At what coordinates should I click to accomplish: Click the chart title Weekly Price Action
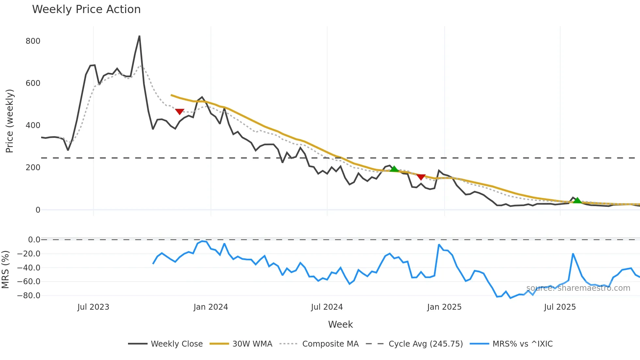(x=86, y=9)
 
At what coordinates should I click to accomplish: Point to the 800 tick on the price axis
(x=33, y=41)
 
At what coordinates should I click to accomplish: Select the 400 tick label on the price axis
(x=33, y=125)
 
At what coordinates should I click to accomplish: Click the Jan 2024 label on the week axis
(x=211, y=307)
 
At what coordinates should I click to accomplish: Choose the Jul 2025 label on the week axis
(x=560, y=307)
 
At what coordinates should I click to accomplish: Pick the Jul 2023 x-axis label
(x=93, y=307)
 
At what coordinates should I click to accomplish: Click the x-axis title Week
(x=340, y=324)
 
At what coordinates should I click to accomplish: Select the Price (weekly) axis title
(x=10, y=121)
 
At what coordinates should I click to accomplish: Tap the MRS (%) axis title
(x=6, y=270)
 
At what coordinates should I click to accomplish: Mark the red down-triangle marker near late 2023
(x=180, y=112)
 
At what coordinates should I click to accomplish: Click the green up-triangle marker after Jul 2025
(x=577, y=201)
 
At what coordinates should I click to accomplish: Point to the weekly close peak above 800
(x=139, y=36)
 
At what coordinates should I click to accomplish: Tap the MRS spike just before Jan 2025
(x=439, y=245)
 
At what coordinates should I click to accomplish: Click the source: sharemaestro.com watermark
(x=578, y=288)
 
